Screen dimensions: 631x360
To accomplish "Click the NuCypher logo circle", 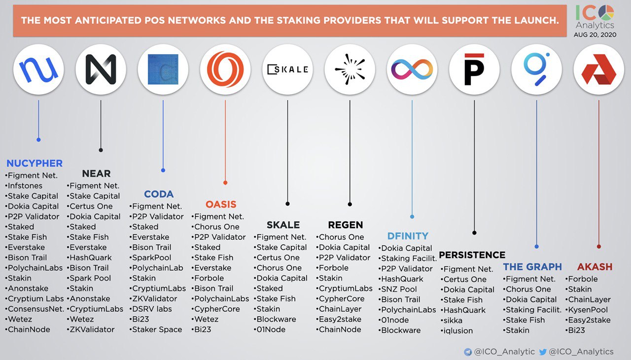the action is point(38,70).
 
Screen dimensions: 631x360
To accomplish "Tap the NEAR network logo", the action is point(101,70).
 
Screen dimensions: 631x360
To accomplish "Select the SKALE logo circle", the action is point(287,70).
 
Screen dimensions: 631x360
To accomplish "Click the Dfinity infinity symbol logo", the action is point(412,70).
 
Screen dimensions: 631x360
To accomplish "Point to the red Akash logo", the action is point(599,70).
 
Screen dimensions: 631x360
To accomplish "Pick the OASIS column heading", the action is point(221,204).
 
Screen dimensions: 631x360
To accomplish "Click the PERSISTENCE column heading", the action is point(472,254).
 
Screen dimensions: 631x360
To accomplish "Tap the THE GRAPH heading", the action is point(532,266).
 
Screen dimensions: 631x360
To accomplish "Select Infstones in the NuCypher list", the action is point(25,185).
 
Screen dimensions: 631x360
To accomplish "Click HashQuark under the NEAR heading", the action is point(90,257).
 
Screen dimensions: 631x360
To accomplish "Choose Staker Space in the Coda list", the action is point(157,329).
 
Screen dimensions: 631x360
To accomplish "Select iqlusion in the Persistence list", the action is point(458,330).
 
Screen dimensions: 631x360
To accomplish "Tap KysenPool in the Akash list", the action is point(588,310).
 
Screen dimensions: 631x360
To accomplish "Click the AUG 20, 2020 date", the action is point(595,35).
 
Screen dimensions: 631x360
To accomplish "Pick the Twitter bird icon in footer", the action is point(543,352).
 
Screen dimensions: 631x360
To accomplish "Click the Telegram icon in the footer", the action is point(468,352).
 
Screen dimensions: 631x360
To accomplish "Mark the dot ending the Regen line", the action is point(350,204).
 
